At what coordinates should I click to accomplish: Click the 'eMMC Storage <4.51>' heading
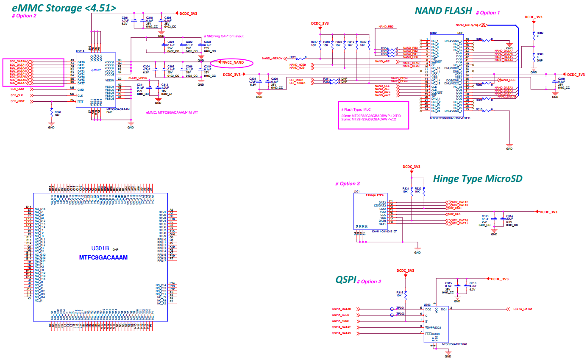tap(64, 8)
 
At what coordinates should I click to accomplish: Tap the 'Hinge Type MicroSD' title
tap(478, 179)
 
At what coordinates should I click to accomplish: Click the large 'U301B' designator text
tap(100, 248)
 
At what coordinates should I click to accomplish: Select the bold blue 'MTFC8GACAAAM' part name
tap(103, 257)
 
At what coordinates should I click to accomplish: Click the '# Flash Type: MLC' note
tap(356, 109)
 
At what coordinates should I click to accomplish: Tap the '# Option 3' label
tap(348, 184)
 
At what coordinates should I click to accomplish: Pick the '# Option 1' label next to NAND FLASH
tap(488, 13)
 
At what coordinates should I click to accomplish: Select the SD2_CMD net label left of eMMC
tap(17, 89)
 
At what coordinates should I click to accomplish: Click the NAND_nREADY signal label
tap(272, 58)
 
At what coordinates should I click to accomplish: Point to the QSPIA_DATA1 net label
tap(522, 309)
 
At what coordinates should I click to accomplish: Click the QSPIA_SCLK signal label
tap(340, 315)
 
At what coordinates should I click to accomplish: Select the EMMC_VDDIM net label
tap(138, 78)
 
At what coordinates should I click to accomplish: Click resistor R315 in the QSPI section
tap(400, 294)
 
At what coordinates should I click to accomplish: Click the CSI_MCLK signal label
tap(297, 79)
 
